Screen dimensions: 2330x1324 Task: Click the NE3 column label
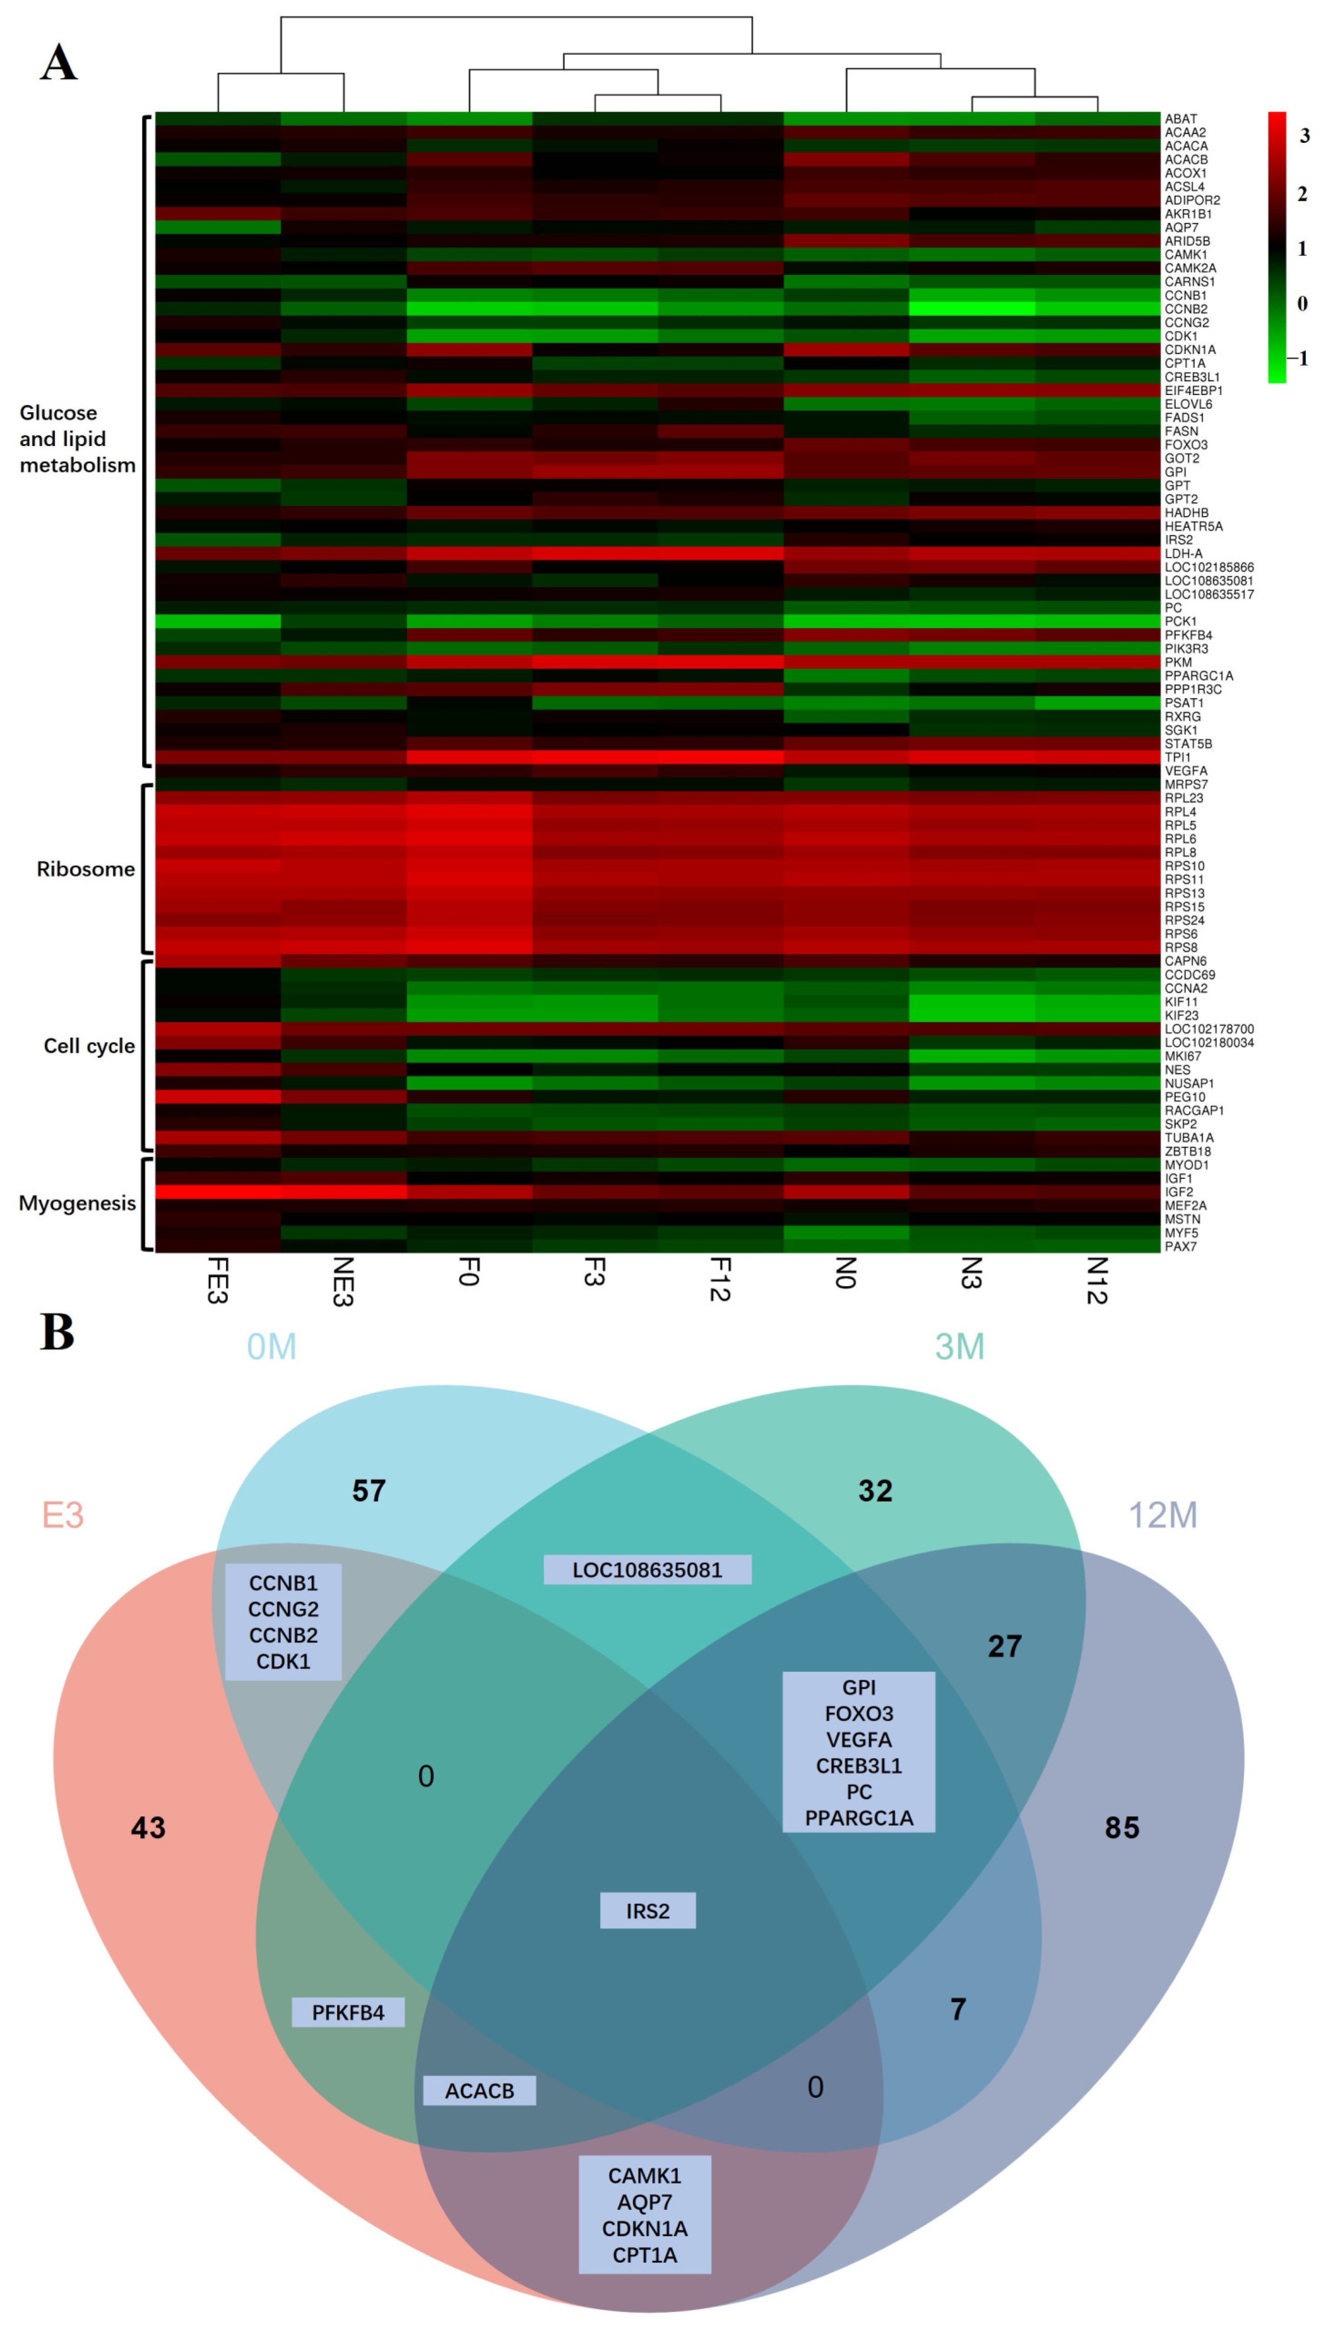(343, 1281)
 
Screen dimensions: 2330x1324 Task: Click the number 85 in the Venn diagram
(1121, 1828)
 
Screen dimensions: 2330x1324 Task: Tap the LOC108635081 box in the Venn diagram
(647, 1570)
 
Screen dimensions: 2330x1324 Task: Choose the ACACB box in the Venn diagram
(479, 2091)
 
